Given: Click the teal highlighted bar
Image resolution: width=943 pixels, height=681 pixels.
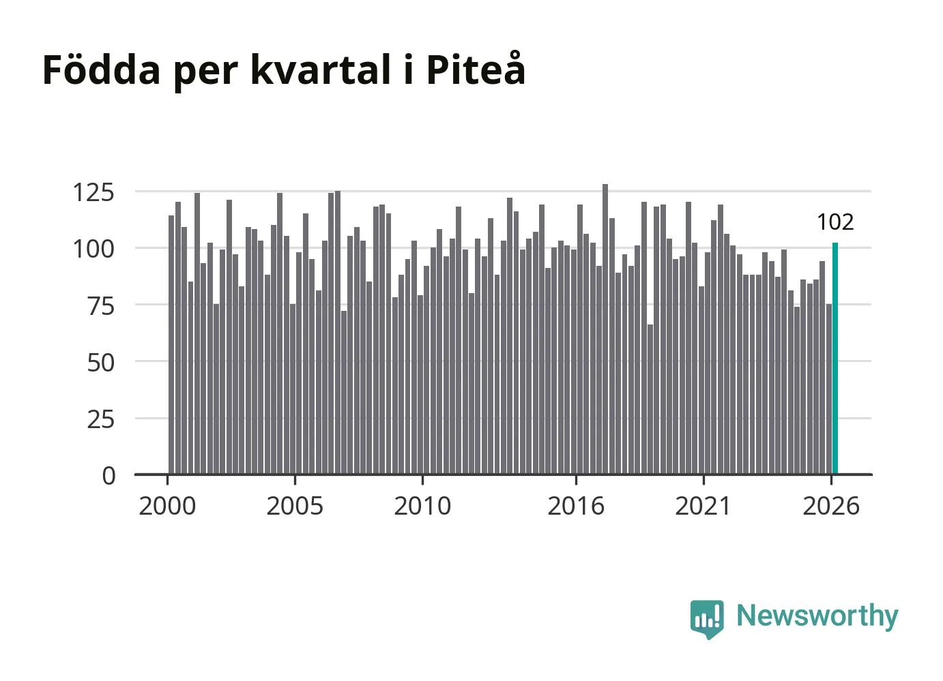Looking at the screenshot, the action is pyautogui.click(x=835, y=359).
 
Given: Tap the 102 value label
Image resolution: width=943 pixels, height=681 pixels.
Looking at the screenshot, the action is pyautogui.click(x=835, y=222).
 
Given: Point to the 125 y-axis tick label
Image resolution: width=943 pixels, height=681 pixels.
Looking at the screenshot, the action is pyautogui.click(x=93, y=193).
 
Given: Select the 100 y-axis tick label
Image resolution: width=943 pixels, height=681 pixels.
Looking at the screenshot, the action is pyautogui.click(x=93, y=249).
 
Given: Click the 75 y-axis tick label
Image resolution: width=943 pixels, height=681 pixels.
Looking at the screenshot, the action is pyautogui.click(x=101, y=306).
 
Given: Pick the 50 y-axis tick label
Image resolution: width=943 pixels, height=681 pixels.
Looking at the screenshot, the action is pyautogui.click(x=101, y=363).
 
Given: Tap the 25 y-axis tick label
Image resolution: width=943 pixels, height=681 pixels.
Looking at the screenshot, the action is pyautogui.click(x=101, y=420).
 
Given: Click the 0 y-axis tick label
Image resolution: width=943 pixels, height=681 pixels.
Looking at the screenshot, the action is pyautogui.click(x=108, y=476).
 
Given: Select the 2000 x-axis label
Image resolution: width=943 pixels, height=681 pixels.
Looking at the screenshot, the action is pyautogui.click(x=168, y=506).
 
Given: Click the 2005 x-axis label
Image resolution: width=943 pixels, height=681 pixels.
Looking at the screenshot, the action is pyautogui.click(x=295, y=506).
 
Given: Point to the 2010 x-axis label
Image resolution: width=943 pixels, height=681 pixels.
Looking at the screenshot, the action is pyautogui.click(x=422, y=506).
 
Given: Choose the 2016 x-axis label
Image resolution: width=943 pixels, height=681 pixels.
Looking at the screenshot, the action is pyautogui.click(x=576, y=506).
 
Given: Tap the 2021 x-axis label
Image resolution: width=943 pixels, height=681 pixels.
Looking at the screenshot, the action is pyautogui.click(x=703, y=506).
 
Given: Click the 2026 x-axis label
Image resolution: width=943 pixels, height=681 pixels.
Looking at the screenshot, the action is pyautogui.click(x=831, y=506).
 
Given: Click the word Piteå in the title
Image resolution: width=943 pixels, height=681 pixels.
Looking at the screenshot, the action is pyautogui.click(x=476, y=69).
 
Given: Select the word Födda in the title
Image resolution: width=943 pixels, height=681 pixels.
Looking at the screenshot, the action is pyautogui.click(x=102, y=70).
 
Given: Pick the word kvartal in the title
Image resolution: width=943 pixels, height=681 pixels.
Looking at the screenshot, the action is pyautogui.click(x=321, y=70).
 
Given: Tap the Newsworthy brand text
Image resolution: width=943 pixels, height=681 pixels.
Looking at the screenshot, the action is pyautogui.click(x=817, y=616).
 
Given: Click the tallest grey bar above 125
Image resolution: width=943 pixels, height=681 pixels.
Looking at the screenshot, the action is pyautogui.click(x=605, y=329).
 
